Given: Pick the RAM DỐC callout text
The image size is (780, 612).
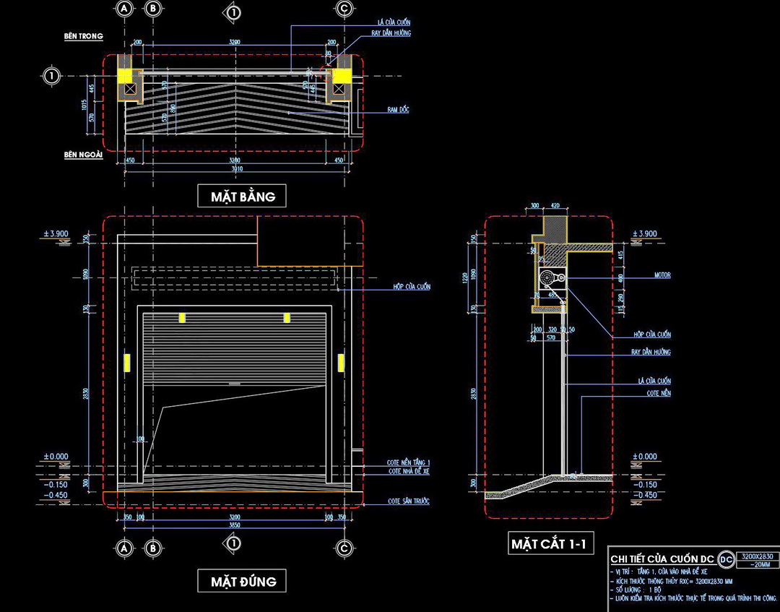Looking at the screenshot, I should pos(398,110).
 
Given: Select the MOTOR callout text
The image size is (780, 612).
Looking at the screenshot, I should pos(663,275).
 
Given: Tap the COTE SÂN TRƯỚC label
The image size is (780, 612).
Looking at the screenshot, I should pos(409,501).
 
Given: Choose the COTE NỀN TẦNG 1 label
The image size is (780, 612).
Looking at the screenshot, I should pos(409,462).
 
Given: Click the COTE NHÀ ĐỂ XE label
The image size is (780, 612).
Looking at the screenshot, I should pos(409,471).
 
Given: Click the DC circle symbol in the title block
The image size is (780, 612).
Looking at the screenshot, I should pos(726,559).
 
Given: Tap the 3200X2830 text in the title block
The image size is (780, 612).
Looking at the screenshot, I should pos(758,556).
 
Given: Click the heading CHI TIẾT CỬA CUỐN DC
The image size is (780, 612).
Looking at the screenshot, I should pos(662,559).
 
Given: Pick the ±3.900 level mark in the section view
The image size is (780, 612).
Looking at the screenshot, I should pos(645,234).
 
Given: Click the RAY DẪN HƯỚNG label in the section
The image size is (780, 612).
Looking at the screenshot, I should pos(651,353).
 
